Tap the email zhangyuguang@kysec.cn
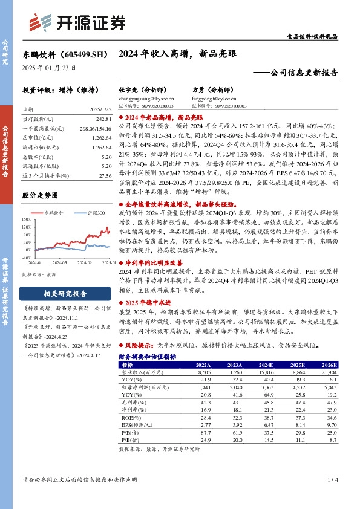pos(146,97)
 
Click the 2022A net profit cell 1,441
pos(203,387)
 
